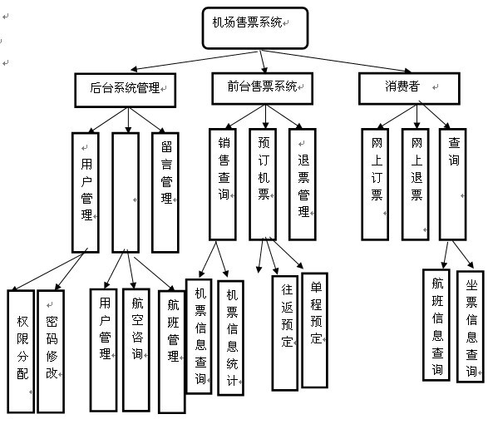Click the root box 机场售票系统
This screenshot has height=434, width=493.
[x=255, y=27]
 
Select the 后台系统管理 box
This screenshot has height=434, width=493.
[x=126, y=86]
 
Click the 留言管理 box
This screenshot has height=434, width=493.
[x=165, y=190]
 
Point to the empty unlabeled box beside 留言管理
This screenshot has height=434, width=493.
[x=125, y=190]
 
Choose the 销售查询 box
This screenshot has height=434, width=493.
[x=222, y=184]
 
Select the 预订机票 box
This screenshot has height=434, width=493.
[x=263, y=184]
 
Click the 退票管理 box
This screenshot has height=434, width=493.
[x=303, y=184]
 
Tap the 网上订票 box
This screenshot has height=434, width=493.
[x=376, y=184]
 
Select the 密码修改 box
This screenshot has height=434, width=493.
[x=50, y=350]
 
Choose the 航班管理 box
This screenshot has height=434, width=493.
[x=171, y=350]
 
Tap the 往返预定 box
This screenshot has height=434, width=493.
[x=285, y=333]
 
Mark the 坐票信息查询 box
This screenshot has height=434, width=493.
[x=471, y=325]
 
